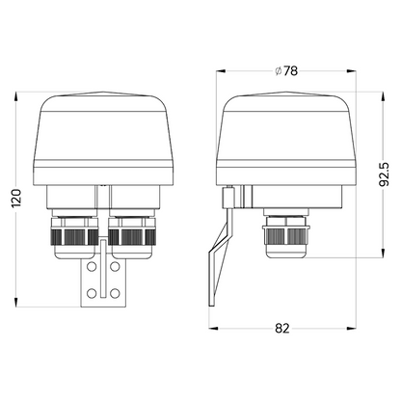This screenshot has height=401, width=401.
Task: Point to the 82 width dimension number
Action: pos(282,329)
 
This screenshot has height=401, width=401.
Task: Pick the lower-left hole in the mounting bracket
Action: pos(92,292)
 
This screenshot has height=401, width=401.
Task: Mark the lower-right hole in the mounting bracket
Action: pos(115,292)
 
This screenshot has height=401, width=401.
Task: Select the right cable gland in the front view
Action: pos(127,239)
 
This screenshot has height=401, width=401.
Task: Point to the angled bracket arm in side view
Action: pos(218,260)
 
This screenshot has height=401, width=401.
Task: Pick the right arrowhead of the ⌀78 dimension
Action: pos(361,70)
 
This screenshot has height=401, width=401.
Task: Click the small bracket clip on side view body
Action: pos(228,198)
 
